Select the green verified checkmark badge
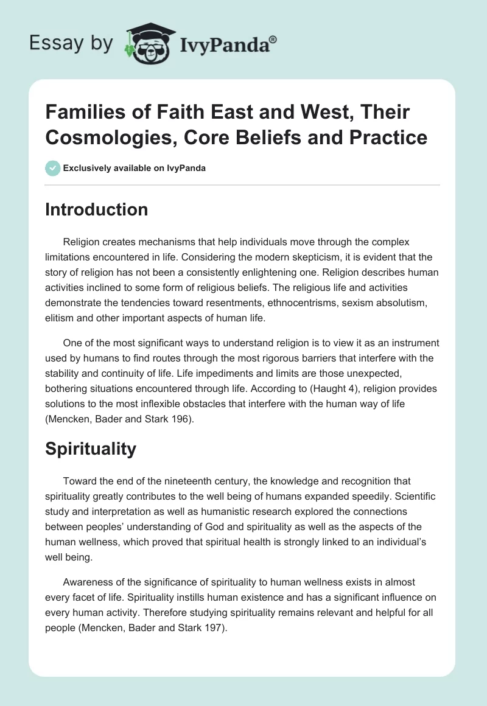(52, 168)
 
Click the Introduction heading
(97, 209)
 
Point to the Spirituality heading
(91, 449)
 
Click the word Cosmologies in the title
(104, 137)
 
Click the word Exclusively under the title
(91, 168)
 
